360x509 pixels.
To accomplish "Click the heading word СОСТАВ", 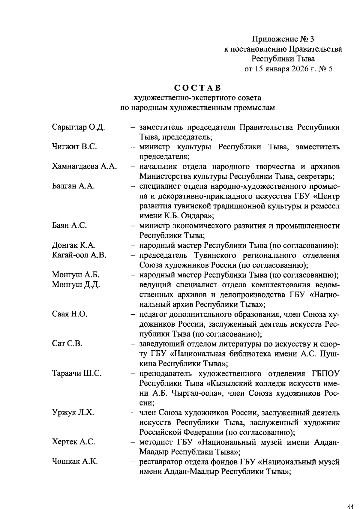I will pos(198,88).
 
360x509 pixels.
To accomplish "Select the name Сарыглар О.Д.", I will pos(78,127).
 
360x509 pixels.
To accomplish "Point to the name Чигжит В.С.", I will pos(74,147).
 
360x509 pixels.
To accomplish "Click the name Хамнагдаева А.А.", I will pos(84,166).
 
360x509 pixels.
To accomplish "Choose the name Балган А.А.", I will pos(73,186).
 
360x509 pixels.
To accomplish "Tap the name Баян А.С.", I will pos(69,225).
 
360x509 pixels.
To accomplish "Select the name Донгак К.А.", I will pos(74,245).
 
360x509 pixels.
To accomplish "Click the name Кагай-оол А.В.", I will pos(79,255).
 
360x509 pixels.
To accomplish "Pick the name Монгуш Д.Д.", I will pos(76,284).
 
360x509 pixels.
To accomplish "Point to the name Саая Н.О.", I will pos(70,314).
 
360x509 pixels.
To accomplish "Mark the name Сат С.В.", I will pos(67,343).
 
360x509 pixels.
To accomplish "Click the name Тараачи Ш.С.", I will pos(77,373).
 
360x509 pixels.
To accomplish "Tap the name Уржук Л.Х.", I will pos(73,412).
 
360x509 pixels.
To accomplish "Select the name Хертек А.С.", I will pos(73,442).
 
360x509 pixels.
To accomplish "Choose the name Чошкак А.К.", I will pos(75,461).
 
